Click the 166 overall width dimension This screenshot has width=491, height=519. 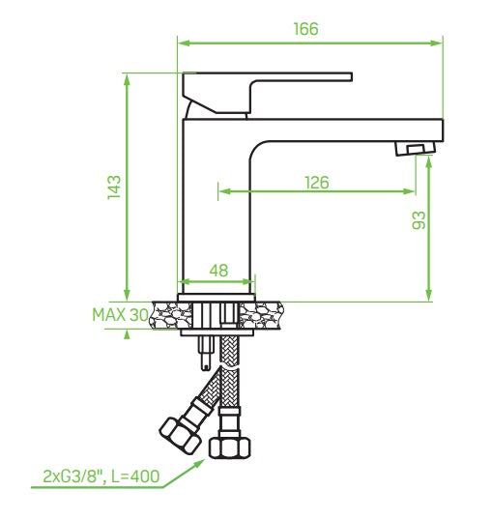point(306,29)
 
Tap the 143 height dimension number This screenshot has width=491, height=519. point(114,187)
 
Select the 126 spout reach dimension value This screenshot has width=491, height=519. point(317,183)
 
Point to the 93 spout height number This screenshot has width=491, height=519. point(419,220)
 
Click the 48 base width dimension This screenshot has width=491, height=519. point(218,271)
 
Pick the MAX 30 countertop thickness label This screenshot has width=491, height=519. point(120,315)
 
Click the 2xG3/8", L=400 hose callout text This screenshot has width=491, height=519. point(101,476)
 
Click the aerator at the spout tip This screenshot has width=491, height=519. point(416,148)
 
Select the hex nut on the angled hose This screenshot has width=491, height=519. point(181,435)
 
